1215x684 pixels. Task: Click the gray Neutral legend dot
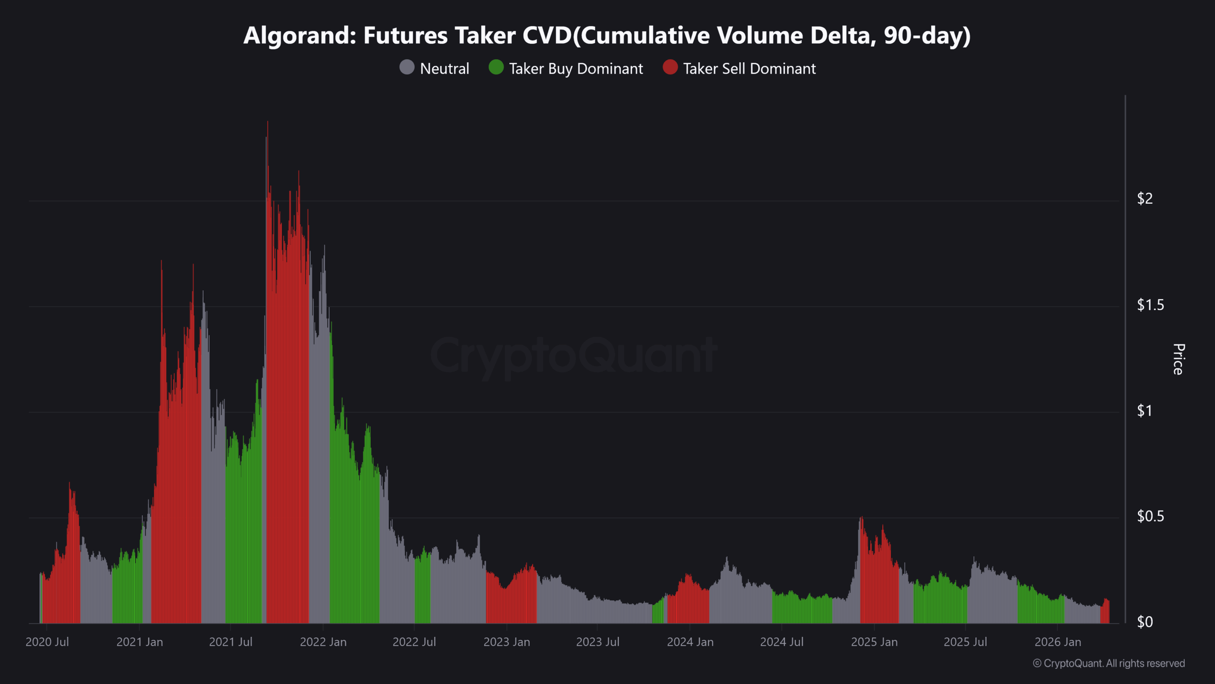(407, 67)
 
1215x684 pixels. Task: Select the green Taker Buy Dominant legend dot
(496, 67)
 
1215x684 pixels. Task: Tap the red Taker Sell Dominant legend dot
(670, 67)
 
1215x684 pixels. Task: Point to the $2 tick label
(1145, 199)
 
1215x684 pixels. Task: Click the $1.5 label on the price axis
(1150, 305)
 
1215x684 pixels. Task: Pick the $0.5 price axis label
(1150, 516)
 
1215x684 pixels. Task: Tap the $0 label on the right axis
(1145, 622)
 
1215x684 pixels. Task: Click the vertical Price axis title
(1178, 359)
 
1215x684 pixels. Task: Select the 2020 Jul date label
(47, 642)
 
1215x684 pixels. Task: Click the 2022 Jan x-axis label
(323, 642)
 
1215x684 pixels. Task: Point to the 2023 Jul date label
(598, 642)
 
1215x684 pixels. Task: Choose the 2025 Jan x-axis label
(874, 642)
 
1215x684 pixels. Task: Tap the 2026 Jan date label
(1057, 642)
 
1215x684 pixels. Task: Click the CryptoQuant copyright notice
(1109, 664)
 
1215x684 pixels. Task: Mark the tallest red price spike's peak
(268, 122)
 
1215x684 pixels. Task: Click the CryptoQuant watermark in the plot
(573, 355)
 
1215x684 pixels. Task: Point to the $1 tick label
(1145, 411)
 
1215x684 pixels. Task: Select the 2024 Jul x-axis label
(782, 642)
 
